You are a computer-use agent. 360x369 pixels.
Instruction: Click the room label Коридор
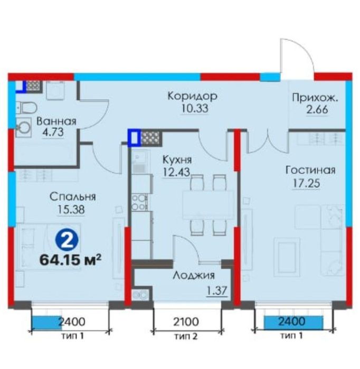(192, 97)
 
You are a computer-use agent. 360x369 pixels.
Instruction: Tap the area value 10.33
(195, 109)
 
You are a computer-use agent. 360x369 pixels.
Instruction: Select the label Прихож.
(315, 98)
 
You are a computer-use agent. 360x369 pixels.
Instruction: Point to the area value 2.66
(317, 110)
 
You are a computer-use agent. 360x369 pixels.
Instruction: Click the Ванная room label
(56, 121)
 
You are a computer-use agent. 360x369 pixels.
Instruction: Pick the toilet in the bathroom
(26, 108)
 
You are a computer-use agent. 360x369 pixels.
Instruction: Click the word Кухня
(177, 160)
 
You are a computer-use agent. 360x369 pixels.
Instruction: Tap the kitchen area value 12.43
(176, 172)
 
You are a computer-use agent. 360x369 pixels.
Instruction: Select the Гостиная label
(310, 170)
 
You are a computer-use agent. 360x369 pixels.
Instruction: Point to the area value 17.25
(306, 183)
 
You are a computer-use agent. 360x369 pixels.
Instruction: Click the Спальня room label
(73, 197)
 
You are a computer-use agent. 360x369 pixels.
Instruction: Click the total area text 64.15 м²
(70, 260)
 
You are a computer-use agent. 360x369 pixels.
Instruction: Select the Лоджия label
(194, 276)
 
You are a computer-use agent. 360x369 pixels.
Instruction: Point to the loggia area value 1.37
(217, 290)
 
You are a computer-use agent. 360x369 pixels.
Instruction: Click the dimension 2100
(186, 321)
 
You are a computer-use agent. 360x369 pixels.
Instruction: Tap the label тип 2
(186, 336)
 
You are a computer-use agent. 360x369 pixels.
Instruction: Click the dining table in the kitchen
(208, 205)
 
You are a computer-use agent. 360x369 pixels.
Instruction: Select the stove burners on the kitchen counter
(139, 202)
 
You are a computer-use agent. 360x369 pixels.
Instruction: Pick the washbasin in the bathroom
(24, 128)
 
